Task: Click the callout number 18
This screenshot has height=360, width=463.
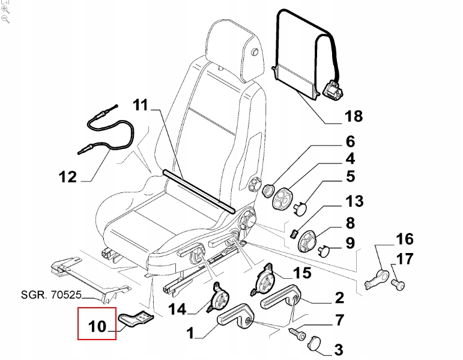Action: [x=354, y=115]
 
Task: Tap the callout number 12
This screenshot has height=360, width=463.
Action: [x=67, y=177]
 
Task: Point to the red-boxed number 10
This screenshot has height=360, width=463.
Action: [x=97, y=327]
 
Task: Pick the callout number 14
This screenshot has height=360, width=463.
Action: [x=178, y=310]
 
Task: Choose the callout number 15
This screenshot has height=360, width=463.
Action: [x=302, y=273]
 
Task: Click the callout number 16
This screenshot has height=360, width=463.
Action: [x=404, y=239]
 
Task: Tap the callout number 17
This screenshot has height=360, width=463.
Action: [x=405, y=260]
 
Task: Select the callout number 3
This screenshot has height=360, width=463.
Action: [x=337, y=349]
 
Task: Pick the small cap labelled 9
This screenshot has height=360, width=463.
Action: [x=324, y=250]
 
